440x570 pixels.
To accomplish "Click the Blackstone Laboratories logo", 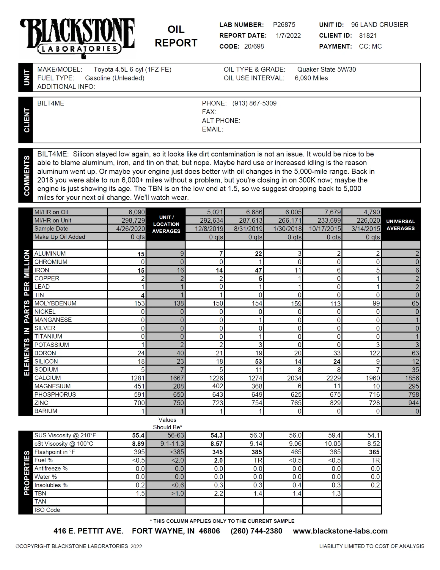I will [x=77, y=37].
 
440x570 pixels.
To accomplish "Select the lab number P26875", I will [x=284, y=25].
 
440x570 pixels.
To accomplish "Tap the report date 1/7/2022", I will [x=288, y=36].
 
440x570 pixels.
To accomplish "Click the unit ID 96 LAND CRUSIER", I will [x=379, y=25].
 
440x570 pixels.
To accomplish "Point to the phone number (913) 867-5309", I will [x=254, y=103].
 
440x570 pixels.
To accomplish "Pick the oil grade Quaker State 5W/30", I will [x=326, y=69].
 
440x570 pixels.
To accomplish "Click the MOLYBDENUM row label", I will [x=55, y=303].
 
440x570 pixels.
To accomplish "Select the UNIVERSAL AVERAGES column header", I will [x=400, y=225].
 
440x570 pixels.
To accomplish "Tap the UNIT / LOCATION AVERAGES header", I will [x=166, y=224].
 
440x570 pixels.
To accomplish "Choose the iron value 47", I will [x=258, y=270].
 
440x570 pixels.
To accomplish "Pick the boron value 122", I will [x=374, y=353].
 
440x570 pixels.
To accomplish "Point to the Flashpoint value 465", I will [x=295, y=452].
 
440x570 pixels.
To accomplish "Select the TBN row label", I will [x=40, y=493].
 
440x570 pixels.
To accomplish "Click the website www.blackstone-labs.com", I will [x=340, y=531].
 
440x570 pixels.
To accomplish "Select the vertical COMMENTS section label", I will [x=26, y=175].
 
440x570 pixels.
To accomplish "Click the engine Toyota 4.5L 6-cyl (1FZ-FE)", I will [x=132, y=69].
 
